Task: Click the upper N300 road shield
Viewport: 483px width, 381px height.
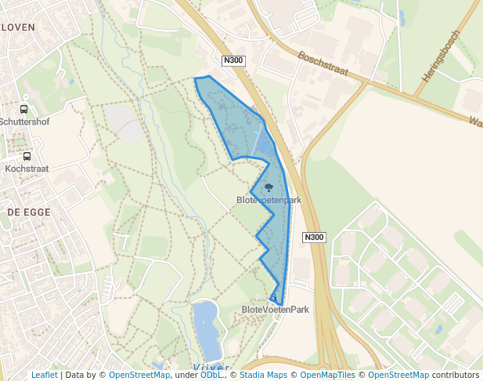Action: [232, 60]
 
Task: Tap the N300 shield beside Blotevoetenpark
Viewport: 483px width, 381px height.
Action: [314, 237]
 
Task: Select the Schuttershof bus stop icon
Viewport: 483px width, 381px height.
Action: [23, 110]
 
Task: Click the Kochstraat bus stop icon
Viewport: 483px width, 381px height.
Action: [27, 156]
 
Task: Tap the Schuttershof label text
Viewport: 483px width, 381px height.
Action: [24, 122]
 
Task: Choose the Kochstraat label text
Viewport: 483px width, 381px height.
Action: [27, 168]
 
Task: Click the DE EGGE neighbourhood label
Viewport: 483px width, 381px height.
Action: [28, 212]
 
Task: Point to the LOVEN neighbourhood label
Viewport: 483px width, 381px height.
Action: [19, 27]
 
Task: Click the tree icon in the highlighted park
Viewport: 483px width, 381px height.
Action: [269, 187]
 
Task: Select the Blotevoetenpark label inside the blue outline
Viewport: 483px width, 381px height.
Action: [269, 200]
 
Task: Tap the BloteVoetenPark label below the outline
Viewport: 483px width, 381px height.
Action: [276, 310]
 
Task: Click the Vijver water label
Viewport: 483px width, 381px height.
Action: [211, 367]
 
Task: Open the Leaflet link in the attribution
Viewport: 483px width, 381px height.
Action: [44, 375]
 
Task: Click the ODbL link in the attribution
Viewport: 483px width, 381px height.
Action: [211, 375]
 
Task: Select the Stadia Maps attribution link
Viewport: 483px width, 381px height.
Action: [263, 375]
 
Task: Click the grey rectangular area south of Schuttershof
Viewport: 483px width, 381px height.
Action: [124, 123]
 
